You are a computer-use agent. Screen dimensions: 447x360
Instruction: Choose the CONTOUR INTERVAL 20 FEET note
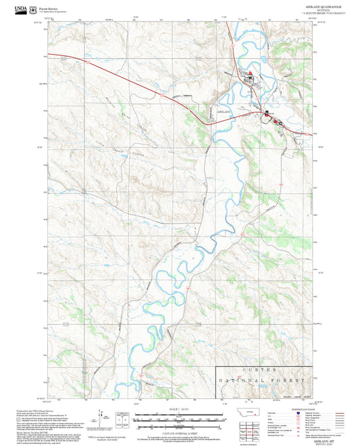click(180, 430)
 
